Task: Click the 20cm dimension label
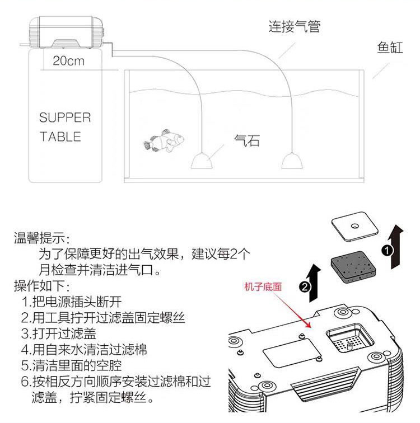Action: click(x=68, y=60)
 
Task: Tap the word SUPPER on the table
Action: click(x=64, y=117)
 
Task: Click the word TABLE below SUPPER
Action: click(x=60, y=137)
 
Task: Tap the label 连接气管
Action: click(x=295, y=26)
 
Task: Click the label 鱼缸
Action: click(x=390, y=47)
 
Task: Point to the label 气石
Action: click(x=246, y=140)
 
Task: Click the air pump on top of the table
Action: click(x=66, y=32)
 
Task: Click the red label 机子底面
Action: click(x=263, y=287)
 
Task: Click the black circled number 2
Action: click(x=305, y=287)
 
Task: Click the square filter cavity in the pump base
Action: click(x=348, y=340)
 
